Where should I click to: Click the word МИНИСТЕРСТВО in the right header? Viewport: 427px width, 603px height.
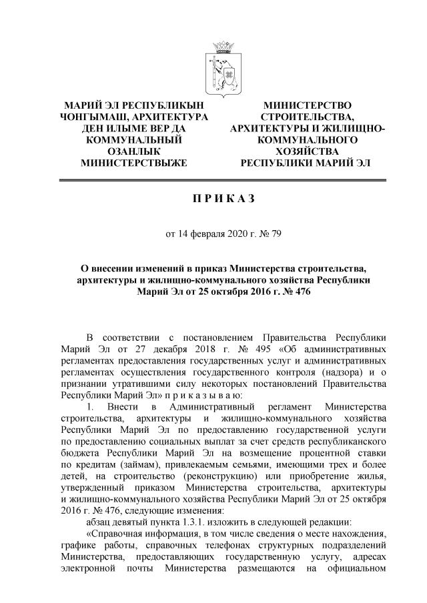click(x=307, y=105)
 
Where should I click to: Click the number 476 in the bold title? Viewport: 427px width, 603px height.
click(x=300, y=291)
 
